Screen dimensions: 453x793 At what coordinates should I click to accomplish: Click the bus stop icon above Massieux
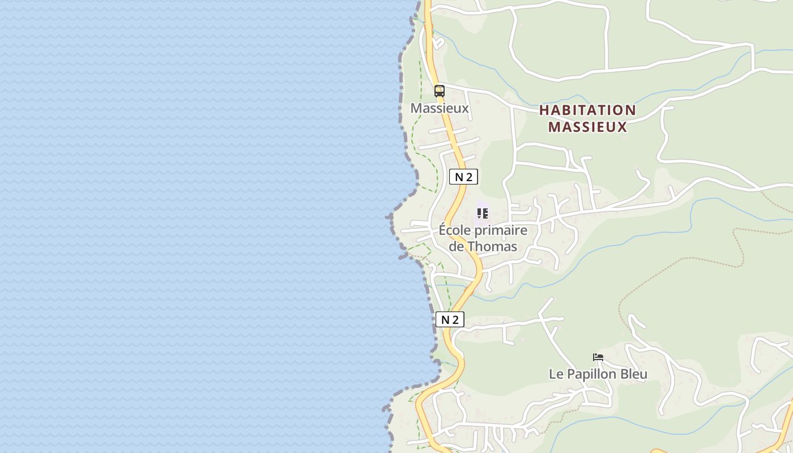[440, 91]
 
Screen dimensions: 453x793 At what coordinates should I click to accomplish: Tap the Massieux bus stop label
[440, 108]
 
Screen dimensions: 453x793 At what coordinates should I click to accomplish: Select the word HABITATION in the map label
[587, 110]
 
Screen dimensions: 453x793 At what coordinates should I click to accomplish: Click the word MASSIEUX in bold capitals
[587, 127]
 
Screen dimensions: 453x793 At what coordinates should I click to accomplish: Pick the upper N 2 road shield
[463, 177]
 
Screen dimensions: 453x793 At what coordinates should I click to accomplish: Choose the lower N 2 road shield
[450, 319]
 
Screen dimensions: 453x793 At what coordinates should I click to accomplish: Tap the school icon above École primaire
[483, 213]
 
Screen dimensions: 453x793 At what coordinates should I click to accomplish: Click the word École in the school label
[454, 230]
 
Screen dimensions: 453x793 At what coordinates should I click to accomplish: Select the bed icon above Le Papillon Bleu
[598, 357]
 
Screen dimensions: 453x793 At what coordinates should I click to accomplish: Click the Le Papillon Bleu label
[598, 374]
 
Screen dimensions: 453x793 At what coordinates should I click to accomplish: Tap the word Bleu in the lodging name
[633, 374]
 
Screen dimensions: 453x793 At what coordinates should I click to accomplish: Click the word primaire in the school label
[500, 230]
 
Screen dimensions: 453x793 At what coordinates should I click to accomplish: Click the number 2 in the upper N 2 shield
[469, 177]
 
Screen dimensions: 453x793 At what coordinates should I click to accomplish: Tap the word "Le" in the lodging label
[555, 374]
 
